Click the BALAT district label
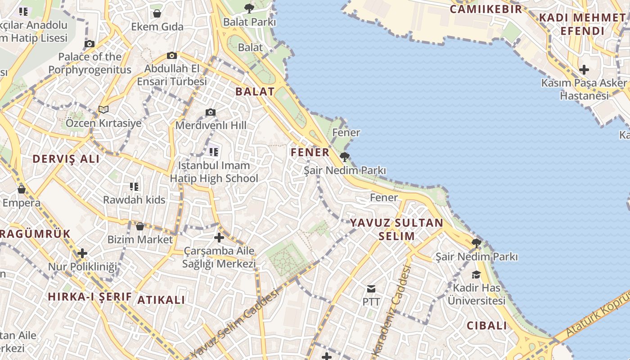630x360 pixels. [x=255, y=91]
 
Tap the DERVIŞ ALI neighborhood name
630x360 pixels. [x=66, y=159]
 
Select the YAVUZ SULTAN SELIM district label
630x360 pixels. [x=396, y=229]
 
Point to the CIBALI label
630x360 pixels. [x=486, y=326]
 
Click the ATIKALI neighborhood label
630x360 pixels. [x=161, y=300]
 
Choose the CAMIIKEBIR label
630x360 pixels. [x=486, y=9]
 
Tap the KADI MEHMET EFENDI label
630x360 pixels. [x=582, y=24]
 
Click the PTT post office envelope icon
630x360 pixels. [x=371, y=288]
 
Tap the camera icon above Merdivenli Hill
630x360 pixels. [x=211, y=112]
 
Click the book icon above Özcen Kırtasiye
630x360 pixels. [x=103, y=109]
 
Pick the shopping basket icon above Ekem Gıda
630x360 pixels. [x=157, y=13]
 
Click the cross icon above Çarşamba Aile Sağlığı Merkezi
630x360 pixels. [x=219, y=238]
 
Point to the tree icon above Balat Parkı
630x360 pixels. [x=249, y=8]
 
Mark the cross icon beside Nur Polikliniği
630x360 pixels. [x=82, y=253]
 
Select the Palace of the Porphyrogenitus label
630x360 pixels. [x=90, y=63]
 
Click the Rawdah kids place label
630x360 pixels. [x=134, y=200]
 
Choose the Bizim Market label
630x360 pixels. [x=140, y=239]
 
